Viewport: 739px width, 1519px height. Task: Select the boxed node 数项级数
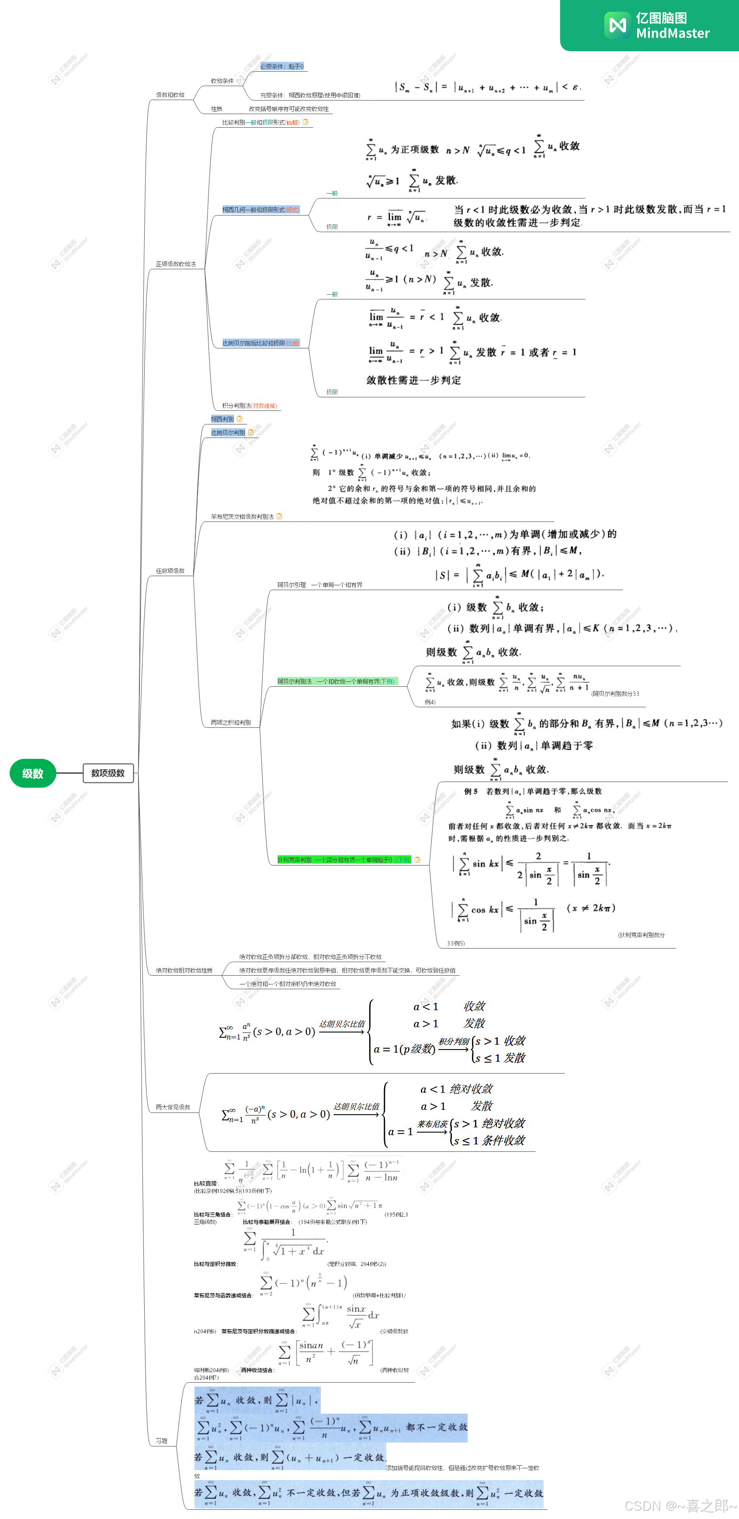coord(108,773)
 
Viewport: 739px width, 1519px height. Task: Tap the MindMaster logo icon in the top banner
coord(617,25)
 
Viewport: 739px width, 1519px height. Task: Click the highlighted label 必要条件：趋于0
coord(282,66)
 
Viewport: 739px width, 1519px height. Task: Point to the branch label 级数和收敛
coord(170,95)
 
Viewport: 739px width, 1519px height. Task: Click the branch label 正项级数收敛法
coord(176,264)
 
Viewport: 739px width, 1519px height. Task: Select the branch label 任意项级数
coord(170,571)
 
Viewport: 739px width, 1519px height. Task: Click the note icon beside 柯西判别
coord(239,419)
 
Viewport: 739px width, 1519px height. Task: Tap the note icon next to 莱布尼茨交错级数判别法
coord(279,517)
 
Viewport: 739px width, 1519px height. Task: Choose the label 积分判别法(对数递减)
coord(249,406)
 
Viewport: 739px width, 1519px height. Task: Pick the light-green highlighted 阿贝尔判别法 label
coord(336,681)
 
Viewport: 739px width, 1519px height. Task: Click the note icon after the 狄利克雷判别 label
coord(417,860)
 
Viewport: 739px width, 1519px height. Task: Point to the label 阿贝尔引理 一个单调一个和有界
coord(320,585)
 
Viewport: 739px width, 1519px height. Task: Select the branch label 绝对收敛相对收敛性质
coord(184,970)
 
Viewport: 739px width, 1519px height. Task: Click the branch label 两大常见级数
coord(173,1107)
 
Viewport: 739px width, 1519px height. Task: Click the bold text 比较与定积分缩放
coord(216,1264)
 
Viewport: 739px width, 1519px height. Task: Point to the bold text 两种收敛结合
coord(257,1370)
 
